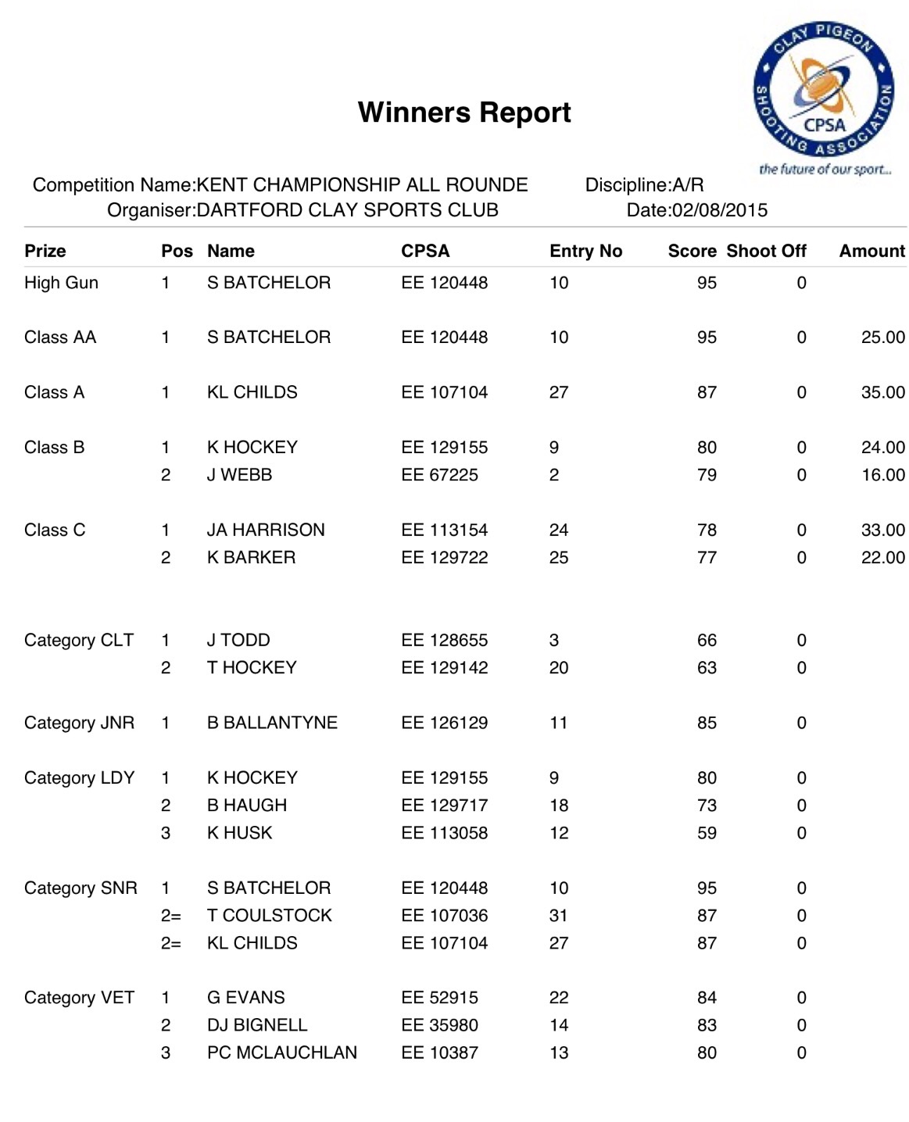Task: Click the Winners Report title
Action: click(464, 113)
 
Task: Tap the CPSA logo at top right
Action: click(822, 92)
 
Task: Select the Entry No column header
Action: click(585, 251)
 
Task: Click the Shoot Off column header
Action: click(766, 251)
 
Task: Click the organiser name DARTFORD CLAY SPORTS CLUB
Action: click(347, 210)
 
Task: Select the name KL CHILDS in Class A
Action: click(252, 392)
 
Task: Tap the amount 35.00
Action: click(882, 392)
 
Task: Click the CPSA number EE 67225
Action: click(439, 475)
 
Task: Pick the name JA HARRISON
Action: click(266, 530)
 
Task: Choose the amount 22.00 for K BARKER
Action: click(882, 558)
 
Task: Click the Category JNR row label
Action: click(79, 723)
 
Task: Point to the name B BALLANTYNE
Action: click(272, 723)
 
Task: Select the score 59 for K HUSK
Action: click(707, 833)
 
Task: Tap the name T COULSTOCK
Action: click(269, 916)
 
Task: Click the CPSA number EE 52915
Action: click(439, 998)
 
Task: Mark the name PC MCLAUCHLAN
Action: click(281, 1053)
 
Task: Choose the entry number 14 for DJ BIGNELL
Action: click(559, 1025)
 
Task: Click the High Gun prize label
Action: click(61, 283)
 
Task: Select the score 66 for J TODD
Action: click(707, 641)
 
